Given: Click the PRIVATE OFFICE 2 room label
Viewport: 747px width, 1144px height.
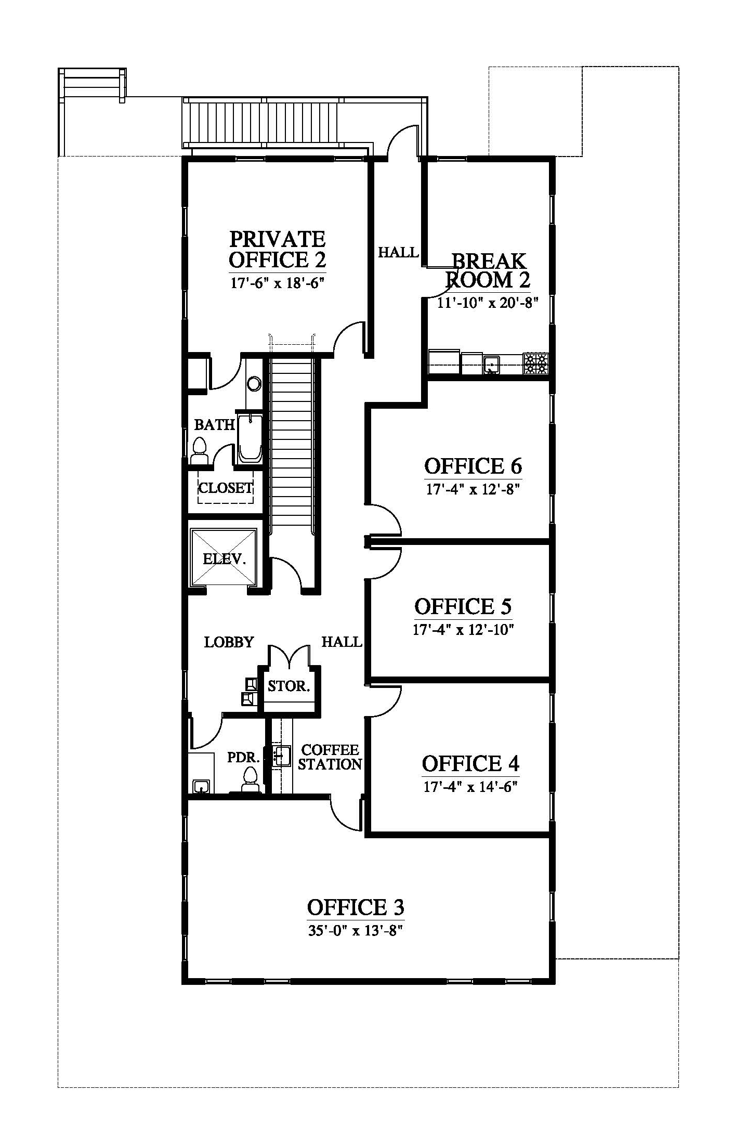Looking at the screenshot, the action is (278, 250).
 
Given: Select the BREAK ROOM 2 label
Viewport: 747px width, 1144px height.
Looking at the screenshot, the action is (488, 270).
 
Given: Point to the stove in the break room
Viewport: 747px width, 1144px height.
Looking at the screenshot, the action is (535, 363).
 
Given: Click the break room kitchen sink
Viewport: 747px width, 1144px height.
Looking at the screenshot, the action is (492, 365).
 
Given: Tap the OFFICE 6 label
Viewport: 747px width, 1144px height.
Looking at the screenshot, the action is (473, 466).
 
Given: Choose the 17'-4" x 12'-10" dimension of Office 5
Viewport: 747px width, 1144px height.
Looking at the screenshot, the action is (464, 630).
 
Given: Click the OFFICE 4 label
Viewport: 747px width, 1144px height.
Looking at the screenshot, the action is (470, 763).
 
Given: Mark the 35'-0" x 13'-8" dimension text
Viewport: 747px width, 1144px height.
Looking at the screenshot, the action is (356, 930).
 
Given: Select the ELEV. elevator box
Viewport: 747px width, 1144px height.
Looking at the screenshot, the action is (224, 557).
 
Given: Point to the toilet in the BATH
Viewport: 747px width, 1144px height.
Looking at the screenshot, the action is (200, 451).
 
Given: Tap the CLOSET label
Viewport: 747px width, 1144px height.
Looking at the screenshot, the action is (226, 488).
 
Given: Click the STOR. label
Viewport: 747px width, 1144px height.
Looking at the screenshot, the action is (289, 686).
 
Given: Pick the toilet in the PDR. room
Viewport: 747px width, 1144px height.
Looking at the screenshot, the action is (251, 780).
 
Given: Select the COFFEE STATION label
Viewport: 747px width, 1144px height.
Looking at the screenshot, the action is (330, 757).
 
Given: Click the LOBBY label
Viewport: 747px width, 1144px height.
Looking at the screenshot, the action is (229, 642).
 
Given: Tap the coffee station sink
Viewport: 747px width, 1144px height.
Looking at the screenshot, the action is (281, 756).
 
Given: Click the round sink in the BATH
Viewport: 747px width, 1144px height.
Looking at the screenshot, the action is (254, 384).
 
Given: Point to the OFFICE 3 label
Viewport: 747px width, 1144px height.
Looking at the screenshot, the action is (356, 907).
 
